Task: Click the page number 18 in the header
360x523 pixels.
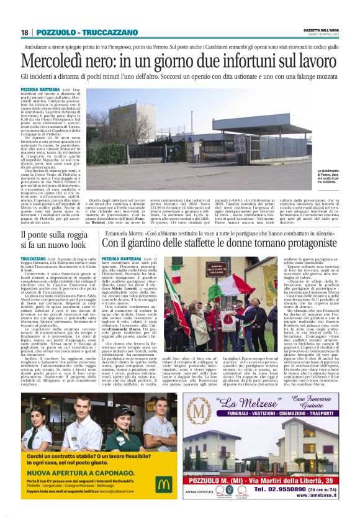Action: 25,32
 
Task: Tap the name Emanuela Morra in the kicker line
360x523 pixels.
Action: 124,234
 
